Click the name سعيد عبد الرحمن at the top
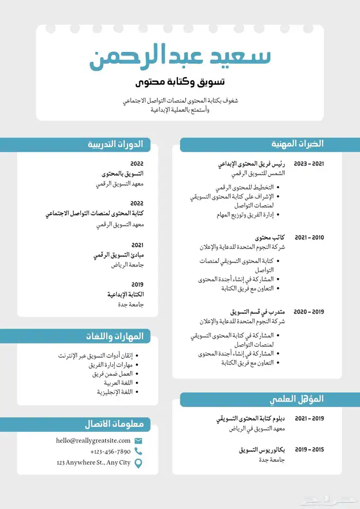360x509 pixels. click(x=180, y=57)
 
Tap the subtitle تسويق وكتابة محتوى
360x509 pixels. click(x=180, y=82)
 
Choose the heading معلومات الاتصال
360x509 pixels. click(x=118, y=425)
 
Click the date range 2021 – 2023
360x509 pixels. click(x=309, y=164)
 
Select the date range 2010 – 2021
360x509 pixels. click(x=309, y=238)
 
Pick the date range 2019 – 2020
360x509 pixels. click(x=309, y=312)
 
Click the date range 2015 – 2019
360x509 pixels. click(x=309, y=449)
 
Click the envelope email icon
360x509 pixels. click(x=138, y=441)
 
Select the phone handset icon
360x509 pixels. click(x=138, y=451)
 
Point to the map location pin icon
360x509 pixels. click(x=138, y=463)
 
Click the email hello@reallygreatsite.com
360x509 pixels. click(x=93, y=441)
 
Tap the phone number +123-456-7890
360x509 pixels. click(x=110, y=451)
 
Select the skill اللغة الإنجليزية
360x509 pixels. click(x=115, y=392)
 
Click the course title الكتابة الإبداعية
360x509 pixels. click(x=125, y=295)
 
